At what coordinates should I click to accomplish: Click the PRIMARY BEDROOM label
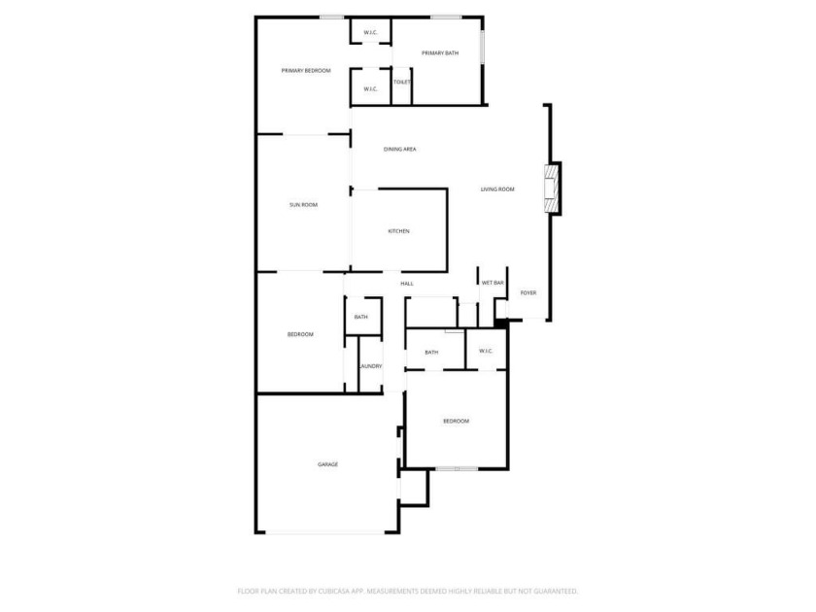click(x=306, y=71)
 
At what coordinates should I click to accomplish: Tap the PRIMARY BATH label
click(x=440, y=53)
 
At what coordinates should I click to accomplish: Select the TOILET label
click(x=402, y=83)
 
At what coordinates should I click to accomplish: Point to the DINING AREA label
click(x=399, y=150)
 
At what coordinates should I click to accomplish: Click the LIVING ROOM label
click(x=497, y=189)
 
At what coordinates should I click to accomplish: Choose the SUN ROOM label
click(x=303, y=205)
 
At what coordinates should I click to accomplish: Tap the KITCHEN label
click(x=398, y=231)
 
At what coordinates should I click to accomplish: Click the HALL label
click(x=407, y=284)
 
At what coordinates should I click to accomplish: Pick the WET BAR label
click(x=493, y=283)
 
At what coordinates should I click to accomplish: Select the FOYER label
click(x=528, y=293)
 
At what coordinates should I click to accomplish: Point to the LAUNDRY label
click(x=370, y=366)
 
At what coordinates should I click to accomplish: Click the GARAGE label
click(x=328, y=464)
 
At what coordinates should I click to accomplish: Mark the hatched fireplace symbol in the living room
click(x=551, y=188)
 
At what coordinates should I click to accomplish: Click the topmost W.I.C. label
click(x=370, y=33)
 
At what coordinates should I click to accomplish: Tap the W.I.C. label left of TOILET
click(x=370, y=89)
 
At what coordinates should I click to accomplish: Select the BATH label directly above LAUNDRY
click(x=360, y=317)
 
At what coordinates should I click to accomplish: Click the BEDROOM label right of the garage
click(x=456, y=421)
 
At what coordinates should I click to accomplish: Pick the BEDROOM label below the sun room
click(x=300, y=334)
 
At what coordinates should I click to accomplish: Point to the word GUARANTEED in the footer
click(x=558, y=592)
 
